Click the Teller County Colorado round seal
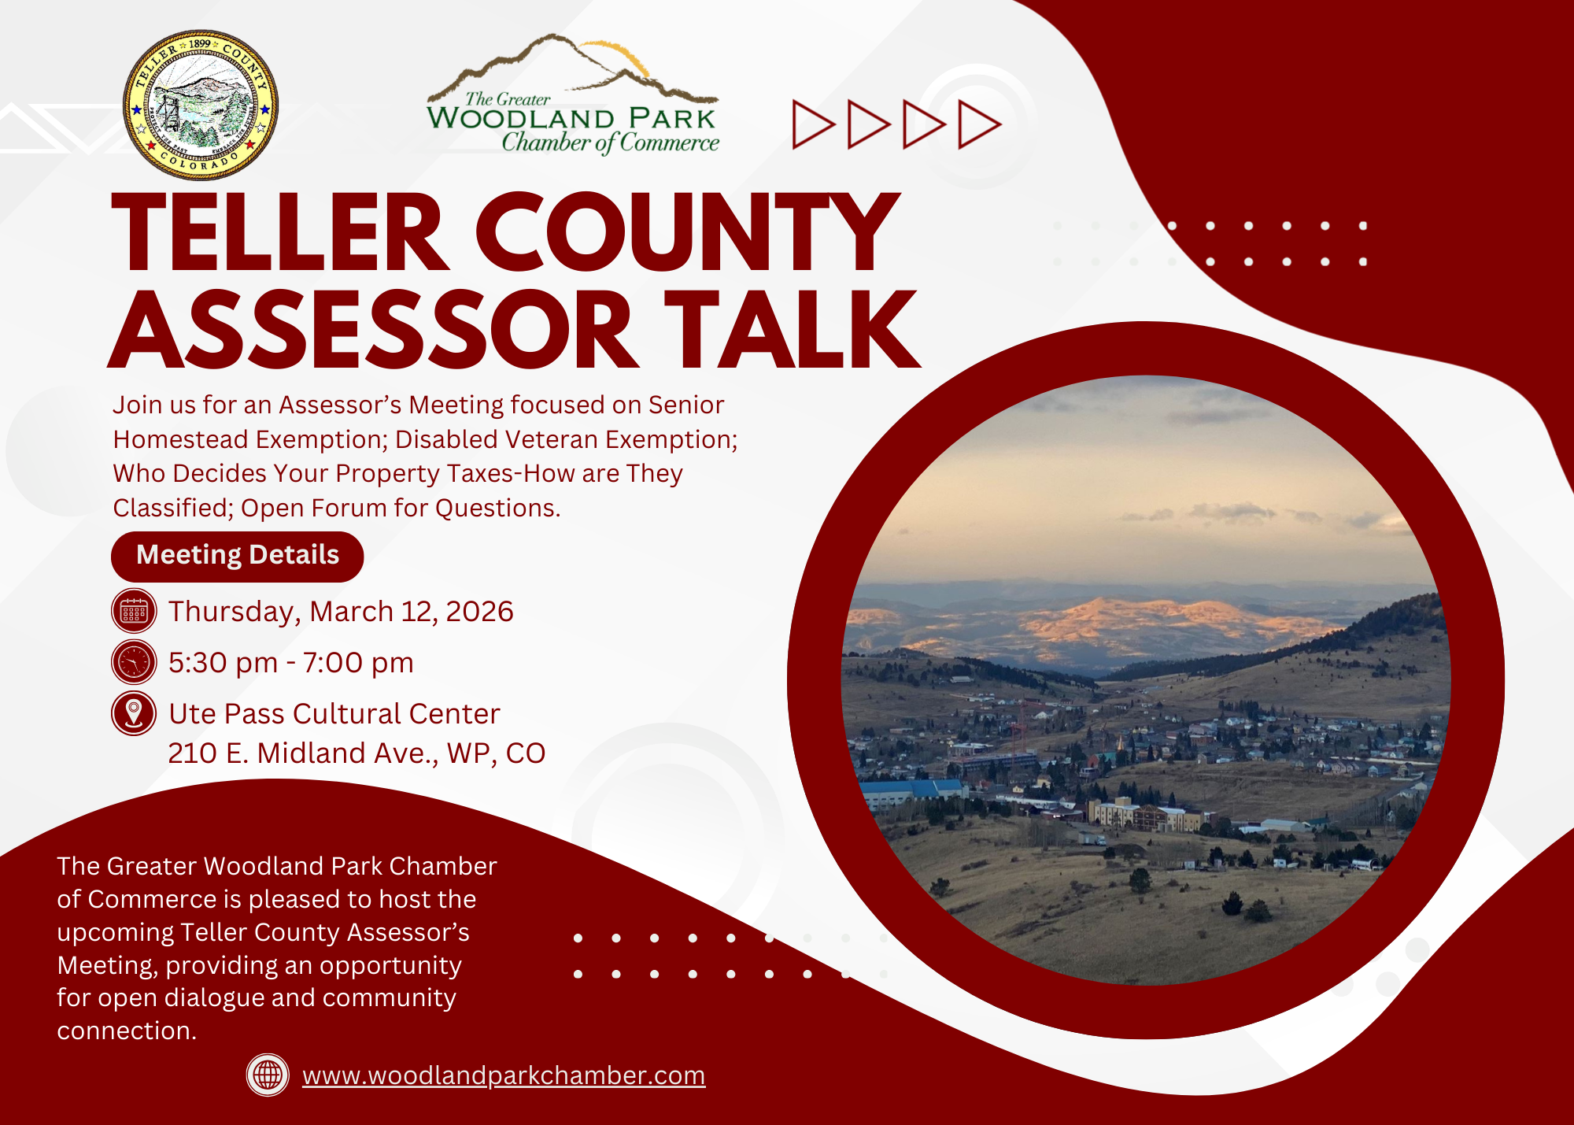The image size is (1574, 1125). pyautogui.click(x=201, y=105)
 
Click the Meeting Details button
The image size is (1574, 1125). pyautogui.click(x=237, y=557)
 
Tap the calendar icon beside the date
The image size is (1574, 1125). pyautogui.click(x=134, y=611)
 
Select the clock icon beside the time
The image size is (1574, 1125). pyautogui.click(x=134, y=662)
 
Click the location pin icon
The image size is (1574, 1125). pyautogui.click(x=134, y=713)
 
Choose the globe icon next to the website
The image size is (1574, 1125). pyautogui.click(x=268, y=1075)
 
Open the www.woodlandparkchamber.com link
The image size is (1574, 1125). pyautogui.click(x=504, y=1075)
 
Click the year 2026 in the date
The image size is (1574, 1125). pyautogui.click(x=479, y=612)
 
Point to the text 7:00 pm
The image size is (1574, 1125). pyautogui.click(x=358, y=663)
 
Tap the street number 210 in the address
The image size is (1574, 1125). pyautogui.click(x=193, y=753)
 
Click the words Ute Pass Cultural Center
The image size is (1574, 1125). pyautogui.click(x=334, y=714)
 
